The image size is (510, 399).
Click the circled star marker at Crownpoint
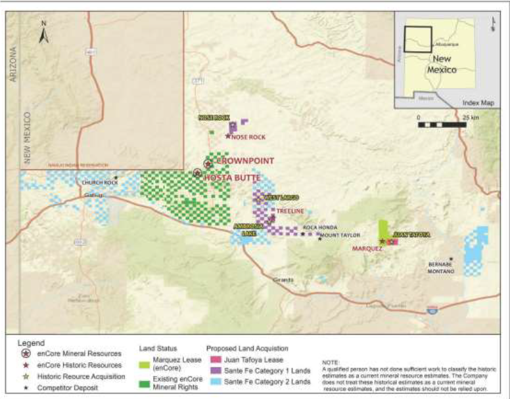click(208, 163)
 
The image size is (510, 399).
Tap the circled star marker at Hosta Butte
click(197, 173)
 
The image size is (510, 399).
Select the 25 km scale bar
click(442, 123)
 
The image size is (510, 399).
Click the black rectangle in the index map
click(417, 39)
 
